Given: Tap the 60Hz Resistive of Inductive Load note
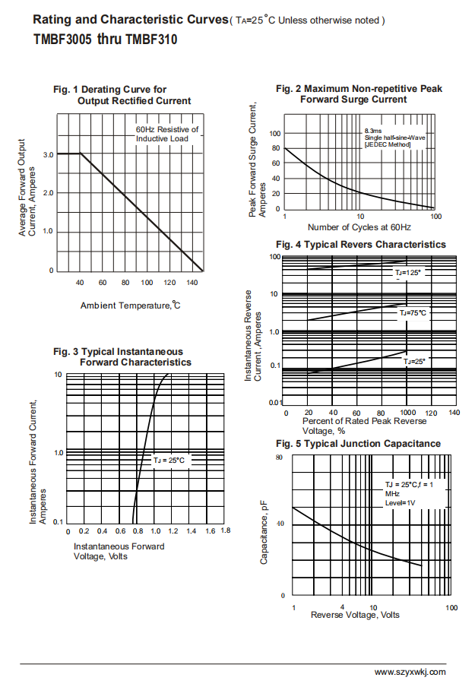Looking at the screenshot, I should tap(167, 134).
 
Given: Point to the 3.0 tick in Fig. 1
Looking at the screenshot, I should tap(49, 155).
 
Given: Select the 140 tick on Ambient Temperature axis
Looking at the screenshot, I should tap(192, 283).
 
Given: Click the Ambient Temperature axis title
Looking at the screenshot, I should tap(130, 306).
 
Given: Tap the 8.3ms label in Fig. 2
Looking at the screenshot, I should tap(374, 131).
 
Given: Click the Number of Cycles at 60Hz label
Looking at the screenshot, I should tap(359, 227).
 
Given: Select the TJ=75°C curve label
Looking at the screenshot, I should tap(413, 312).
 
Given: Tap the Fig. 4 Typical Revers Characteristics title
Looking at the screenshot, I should tap(360, 245).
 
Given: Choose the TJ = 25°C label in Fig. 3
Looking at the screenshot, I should tap(169, 461).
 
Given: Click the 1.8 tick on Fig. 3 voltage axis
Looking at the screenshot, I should tap(225, 530).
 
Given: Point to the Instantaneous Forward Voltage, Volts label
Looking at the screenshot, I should tap(119, 551).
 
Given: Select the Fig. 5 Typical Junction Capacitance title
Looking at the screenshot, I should tap(358, 444).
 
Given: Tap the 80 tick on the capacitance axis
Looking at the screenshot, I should tap(279, 457).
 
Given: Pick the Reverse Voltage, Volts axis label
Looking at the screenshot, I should tap(355, 615).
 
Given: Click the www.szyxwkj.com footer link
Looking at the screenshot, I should tap(410, 672).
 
